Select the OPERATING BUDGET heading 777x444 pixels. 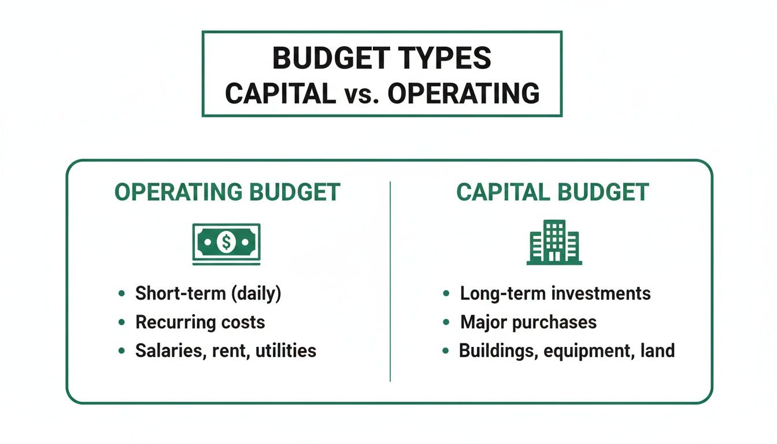(227, 193)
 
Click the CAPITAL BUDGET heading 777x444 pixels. (553, 193)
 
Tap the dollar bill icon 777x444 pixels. (226, 243)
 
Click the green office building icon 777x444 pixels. (554, 242)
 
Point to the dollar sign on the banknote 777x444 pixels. (225, 242)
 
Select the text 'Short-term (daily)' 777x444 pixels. (208, 293)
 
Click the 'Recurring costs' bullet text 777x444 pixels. (200, 322)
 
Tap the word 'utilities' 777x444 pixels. (287, 350)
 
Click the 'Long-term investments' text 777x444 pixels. (555, 293)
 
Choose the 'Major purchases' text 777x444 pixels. (528, 322)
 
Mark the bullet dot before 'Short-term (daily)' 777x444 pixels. (121, 294)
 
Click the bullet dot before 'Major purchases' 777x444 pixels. (446, 323)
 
